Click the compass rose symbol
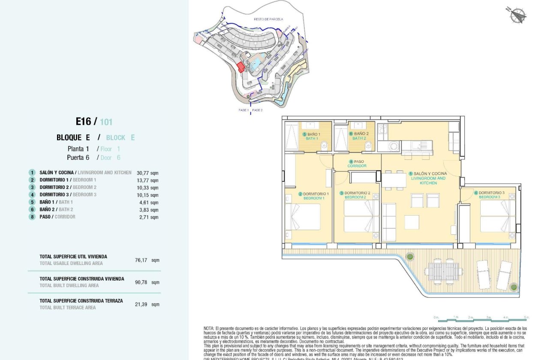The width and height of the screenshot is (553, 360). click(518, 15)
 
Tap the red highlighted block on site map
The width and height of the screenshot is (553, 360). click(241, 67)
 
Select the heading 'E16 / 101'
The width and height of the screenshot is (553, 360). click(94, 122)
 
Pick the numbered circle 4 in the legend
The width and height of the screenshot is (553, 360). click(32, 195)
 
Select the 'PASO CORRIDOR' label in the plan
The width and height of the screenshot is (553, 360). click(357, 163)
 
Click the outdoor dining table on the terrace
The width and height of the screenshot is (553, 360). click(443, 272)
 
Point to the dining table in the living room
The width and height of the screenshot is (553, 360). click(394, 180)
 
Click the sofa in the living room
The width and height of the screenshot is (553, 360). click(389, 222)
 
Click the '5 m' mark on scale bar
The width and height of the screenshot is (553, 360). click(527, 317)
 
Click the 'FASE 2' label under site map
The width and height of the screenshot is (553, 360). click(257, 110)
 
